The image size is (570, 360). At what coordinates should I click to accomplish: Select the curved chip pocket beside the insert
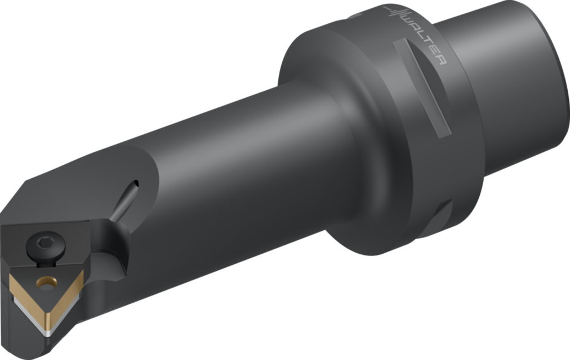coord(114,262)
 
